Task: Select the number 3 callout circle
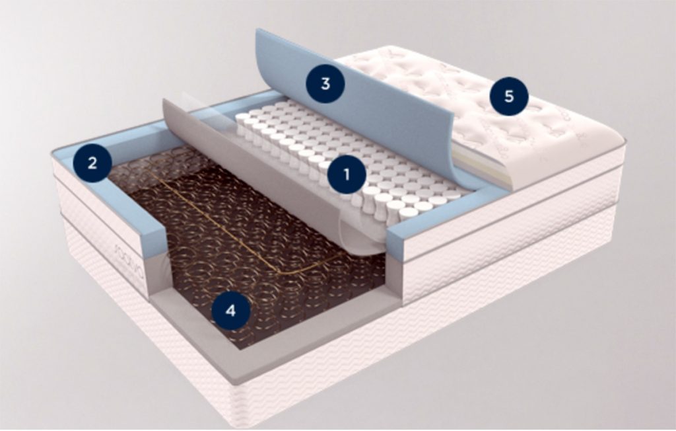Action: coord(324,83)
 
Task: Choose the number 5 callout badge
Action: coord(508,97)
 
